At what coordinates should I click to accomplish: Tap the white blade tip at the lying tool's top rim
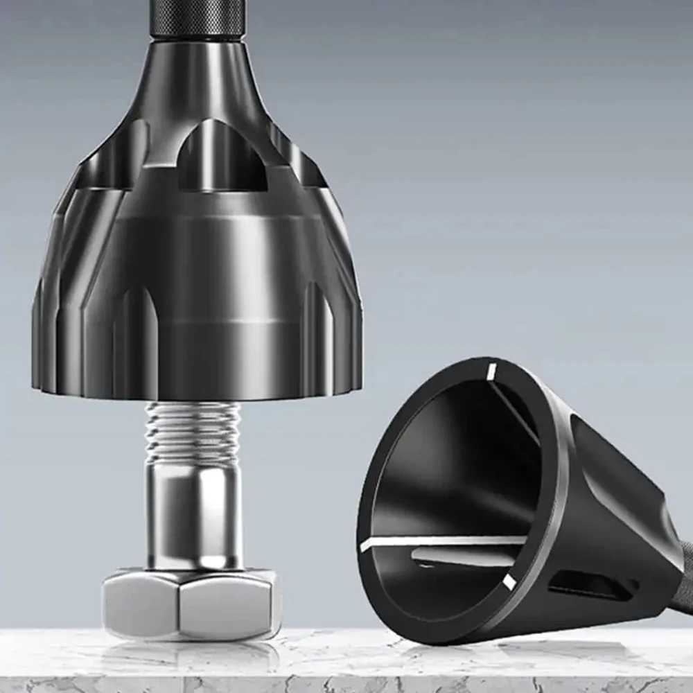tap(491, 371)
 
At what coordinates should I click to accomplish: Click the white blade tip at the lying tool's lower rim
tap(509, 582)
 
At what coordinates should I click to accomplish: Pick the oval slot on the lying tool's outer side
tap(589, 586)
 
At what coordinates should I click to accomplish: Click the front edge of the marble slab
tap(346, 683)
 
